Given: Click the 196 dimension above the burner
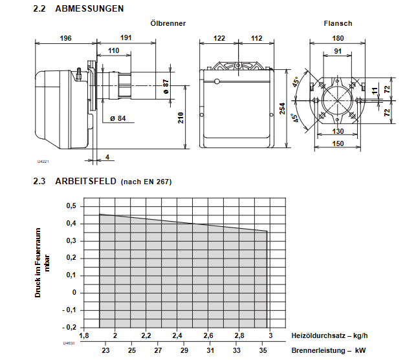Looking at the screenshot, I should pyautogui.click(x=65, y=38).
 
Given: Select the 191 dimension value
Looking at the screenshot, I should pyautogui.click(x=126, y=38).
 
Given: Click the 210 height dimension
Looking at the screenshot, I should pyautogui.click(x=181, y=117).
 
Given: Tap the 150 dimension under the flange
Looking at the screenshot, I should pyautogui.click(x=338, y=143).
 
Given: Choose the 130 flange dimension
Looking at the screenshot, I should pyautogui.click(x=338, y=131).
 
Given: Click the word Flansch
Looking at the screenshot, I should pyautogui.click(x=338, y=23).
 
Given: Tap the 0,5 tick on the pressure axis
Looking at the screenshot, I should pyautogui.click(x=71, y=206).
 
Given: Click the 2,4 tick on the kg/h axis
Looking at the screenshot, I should pyautogui.click(x=177, y=336).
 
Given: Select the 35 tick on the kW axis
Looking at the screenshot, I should pyautogui.click(x=263, y=350).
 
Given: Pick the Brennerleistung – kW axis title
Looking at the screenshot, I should pyautogui.click(x=329, y=350).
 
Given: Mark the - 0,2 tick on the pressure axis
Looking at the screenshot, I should pyautogui.click(x=69, y=327).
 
